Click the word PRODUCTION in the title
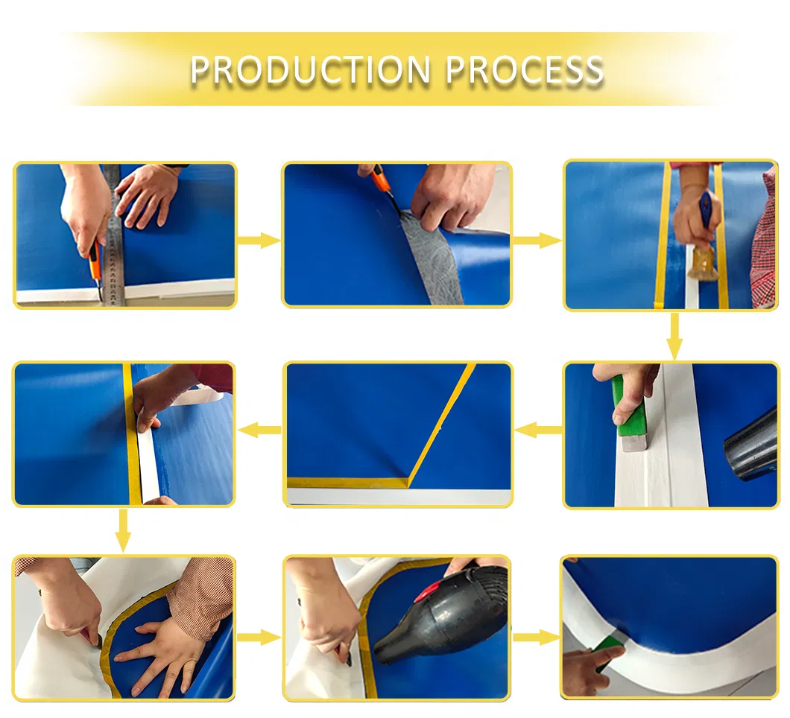pyautogui.click(x=310, y=69)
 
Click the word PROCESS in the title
pyautogui.click(x=525, y=69)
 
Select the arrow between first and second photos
pyautogui.click(x=259, y=241)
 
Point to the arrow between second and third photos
pyautogui.click(x=537, y=241)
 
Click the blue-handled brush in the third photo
pyautogui.click(x=704, y=237)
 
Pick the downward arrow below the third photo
pyautogui.click(x=674, y=336)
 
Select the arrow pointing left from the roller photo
pyautogui.click(x=538, y=430)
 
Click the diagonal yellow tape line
pyautogui.click(x=440, y=425)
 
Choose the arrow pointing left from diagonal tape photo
pyautogui.click(x=260, y=430)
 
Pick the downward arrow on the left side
pyautogui.click(x=123, y=530)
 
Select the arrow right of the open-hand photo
pyautogui.click(x=259, y=638)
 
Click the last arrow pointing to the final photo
pyautogui.click(x=536, y=638)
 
